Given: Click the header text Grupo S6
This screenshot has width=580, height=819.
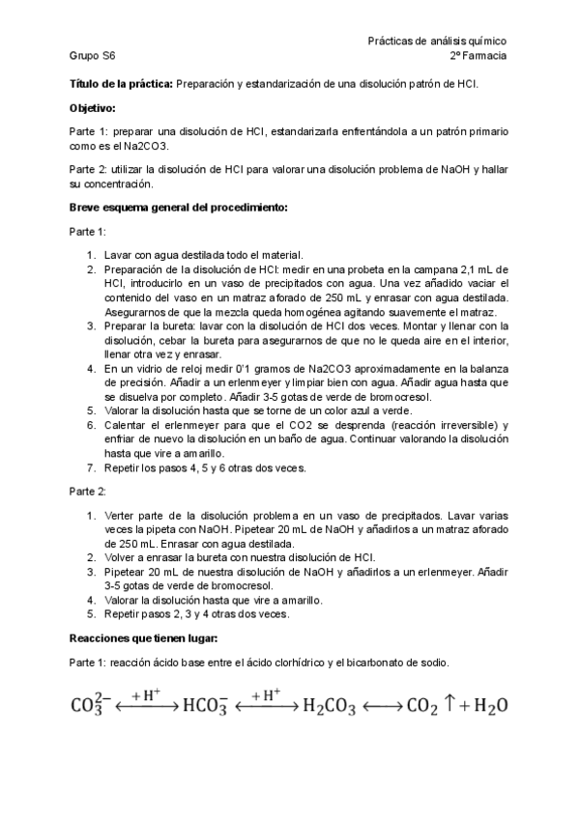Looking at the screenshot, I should click(93, 57).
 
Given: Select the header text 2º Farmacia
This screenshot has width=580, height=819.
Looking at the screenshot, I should click(478, 57).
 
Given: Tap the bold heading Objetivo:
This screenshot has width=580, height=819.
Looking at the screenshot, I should click(93, 107).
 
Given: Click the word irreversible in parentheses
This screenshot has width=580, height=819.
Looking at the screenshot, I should click(450, 426).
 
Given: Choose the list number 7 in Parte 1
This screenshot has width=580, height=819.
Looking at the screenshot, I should click(91, 468).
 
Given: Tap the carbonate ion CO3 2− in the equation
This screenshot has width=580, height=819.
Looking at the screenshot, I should click(93, 707).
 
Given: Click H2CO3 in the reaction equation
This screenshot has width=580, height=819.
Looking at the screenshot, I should click(330, 707).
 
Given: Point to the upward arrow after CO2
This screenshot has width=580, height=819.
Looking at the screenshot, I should click(449, 706).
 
